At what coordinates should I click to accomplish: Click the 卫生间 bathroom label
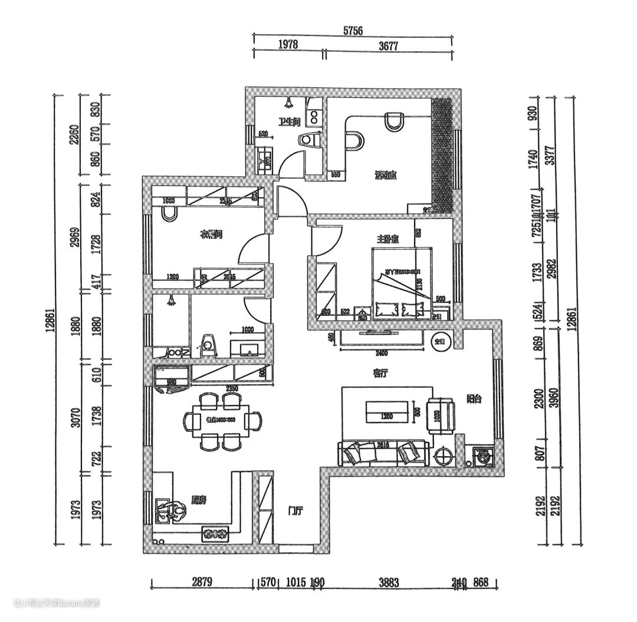[290, 122]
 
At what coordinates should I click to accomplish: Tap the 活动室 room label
[386, 175]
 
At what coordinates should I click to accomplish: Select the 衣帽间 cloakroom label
[211, 235]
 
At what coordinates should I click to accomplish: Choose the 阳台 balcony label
[475, 399]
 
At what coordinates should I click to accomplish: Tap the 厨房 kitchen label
[199, 500]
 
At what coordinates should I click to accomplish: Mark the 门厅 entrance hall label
[295, 511]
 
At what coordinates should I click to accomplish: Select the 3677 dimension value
[388, 45]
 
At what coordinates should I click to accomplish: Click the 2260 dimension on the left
[75, 135]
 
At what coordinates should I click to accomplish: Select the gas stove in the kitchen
[215, 534]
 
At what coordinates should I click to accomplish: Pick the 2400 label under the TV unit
[382, 354]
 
